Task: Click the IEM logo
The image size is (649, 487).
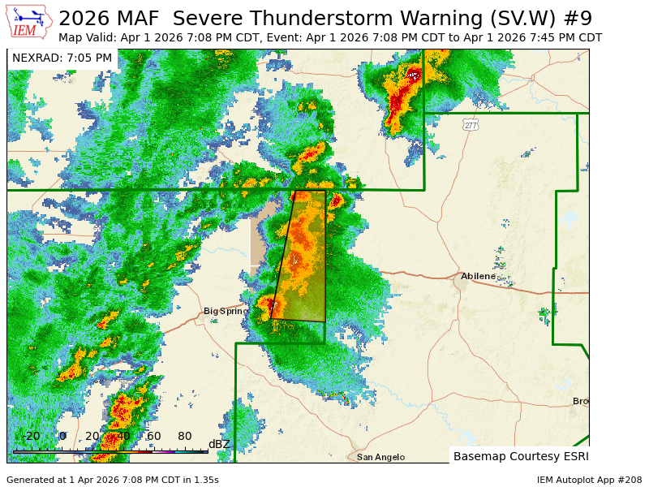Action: tap(28, 22)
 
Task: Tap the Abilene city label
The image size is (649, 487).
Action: tap(478, 277)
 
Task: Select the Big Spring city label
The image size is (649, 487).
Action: tap(226, 311)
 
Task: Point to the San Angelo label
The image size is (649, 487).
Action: tap(380, 457)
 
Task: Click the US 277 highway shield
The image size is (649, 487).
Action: tap(471, 124)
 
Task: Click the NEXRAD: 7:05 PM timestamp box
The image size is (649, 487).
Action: tap(62, 58)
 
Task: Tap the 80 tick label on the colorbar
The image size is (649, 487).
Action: tap(184, 437)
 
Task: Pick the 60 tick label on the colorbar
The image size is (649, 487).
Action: tap(153, 437)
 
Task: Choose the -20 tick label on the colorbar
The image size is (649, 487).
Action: tap(31, 437)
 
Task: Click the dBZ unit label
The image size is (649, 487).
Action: tap(220, 444)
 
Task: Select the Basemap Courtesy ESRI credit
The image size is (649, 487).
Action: tap(520, 456)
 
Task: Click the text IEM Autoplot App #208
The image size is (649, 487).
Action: tap(589, 480)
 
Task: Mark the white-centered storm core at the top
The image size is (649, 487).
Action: tap(413, 75)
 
